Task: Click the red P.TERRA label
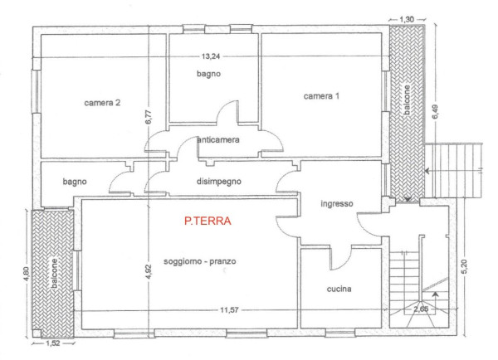point(207,221)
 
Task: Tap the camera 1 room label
point(321,96)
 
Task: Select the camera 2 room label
point(102,103)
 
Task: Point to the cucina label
point(339,289)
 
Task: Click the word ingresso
point(337,203)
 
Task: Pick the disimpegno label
point(219,182)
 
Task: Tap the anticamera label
point(218,139)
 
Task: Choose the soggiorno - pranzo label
point(200,261)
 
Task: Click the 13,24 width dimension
point(211,56)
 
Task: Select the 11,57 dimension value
point(229,310)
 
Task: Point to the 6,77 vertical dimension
point(149,116)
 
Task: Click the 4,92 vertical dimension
point(149,272)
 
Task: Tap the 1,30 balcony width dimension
point(407,19)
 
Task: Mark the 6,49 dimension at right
point(435,112)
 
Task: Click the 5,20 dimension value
point(464,267)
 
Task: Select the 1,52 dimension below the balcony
point(53,343)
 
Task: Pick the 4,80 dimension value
point(26,274)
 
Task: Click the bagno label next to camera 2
point(75,182)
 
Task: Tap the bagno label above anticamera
point(208,74)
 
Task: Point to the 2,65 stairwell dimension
point(421,309)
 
